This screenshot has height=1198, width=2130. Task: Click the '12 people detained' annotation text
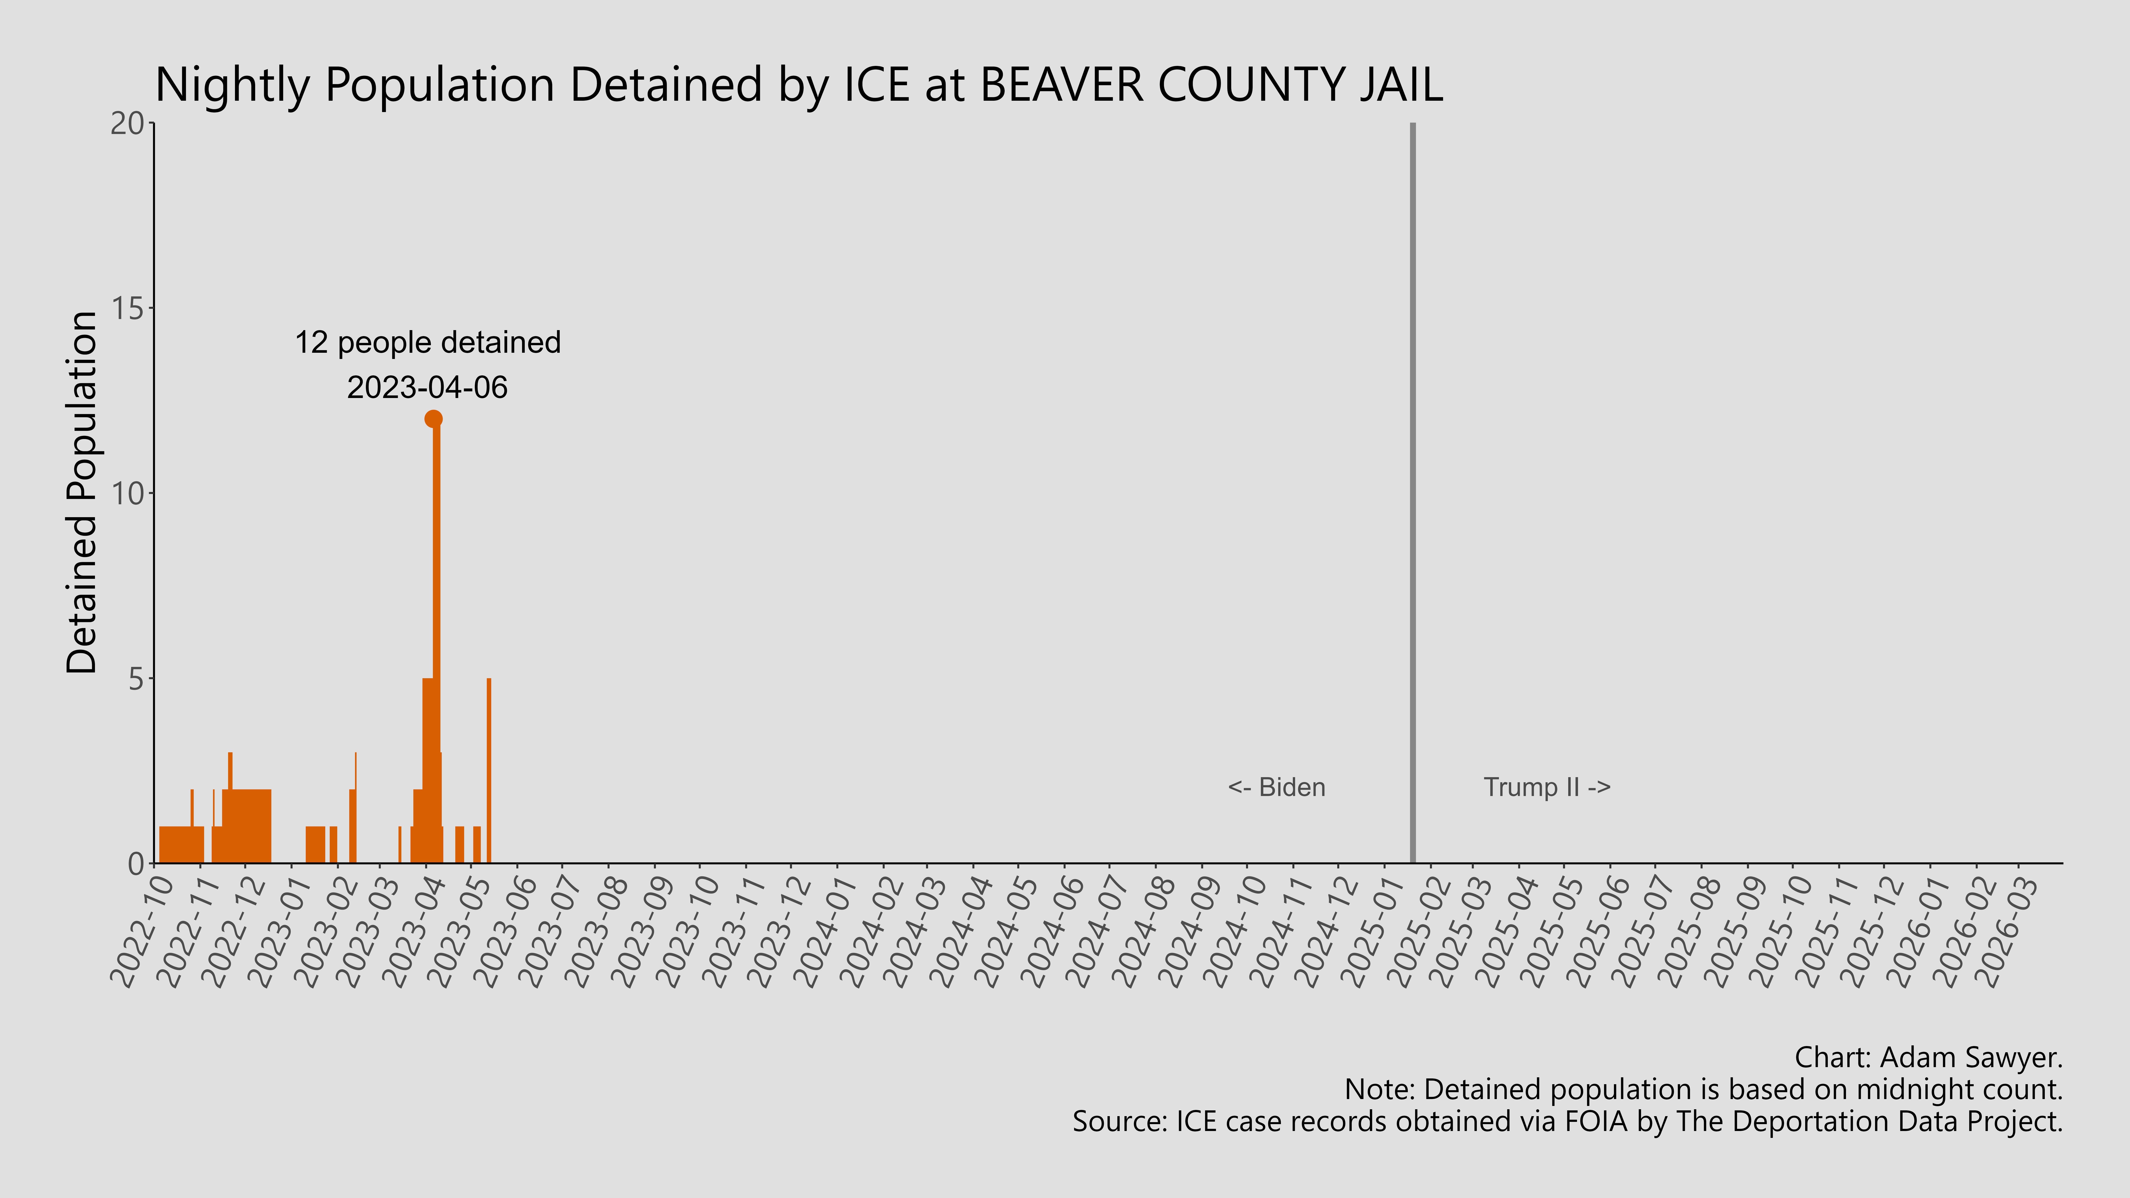(x=428, y=342)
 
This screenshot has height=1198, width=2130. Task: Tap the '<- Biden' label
(x=1276, y=787)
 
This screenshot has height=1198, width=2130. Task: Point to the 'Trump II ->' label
(x=1546, y=787)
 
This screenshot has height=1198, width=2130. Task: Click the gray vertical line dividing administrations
(x=1412, y=496)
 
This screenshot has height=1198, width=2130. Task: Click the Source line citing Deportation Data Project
(x=1567, y=1121)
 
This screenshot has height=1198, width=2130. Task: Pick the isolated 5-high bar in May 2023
(x=489, y=769)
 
